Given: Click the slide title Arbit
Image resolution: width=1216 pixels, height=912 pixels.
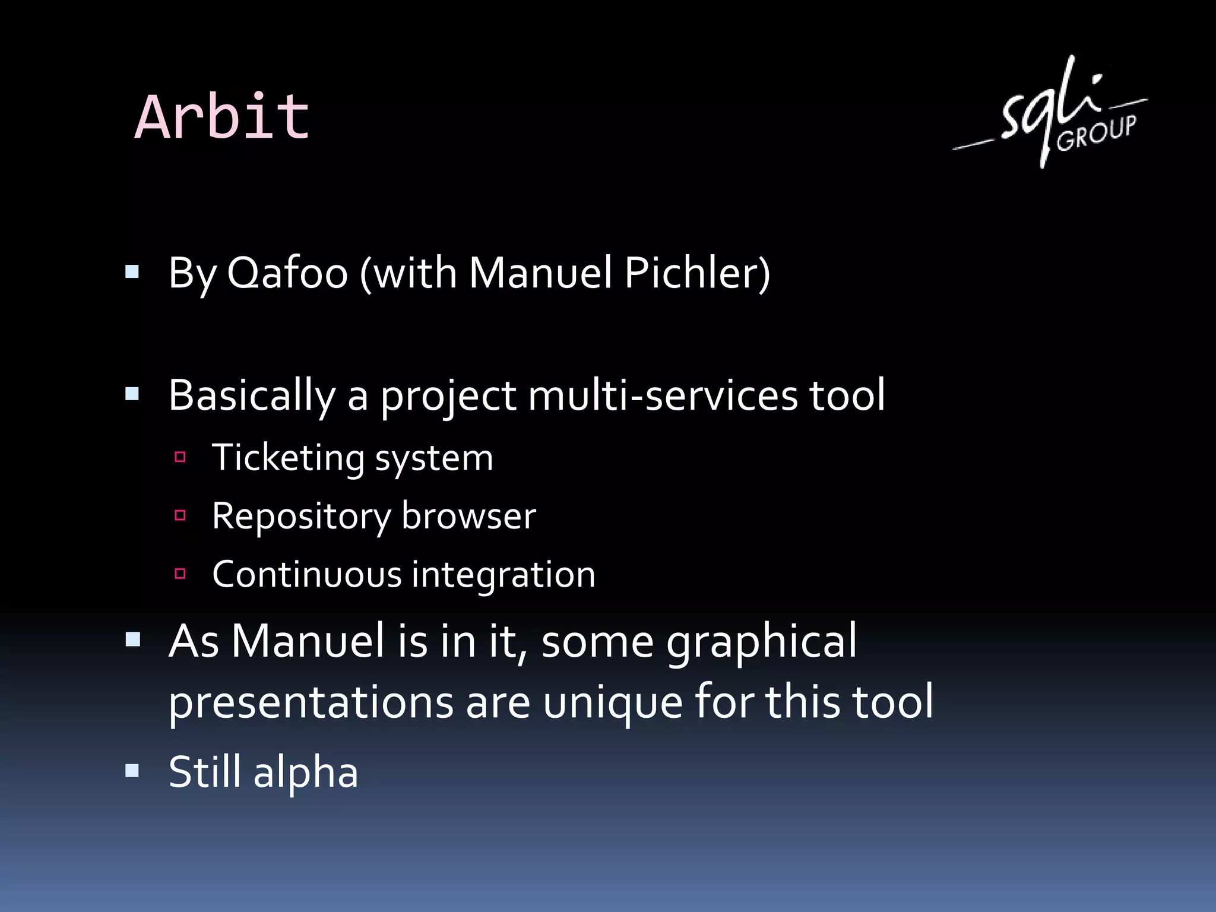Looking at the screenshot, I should (x=222, y=118).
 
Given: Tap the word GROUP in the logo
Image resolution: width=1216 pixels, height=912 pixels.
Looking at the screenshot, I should (x=1097, y=133).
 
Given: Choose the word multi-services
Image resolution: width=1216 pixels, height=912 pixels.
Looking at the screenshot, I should (x=663, y=396).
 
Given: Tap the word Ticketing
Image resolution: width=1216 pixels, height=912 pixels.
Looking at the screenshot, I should (x=288, y=458).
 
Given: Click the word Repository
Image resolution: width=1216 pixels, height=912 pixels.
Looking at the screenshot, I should (x=300, y=517).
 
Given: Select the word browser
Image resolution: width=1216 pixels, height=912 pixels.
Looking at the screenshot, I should (x=468, y=515).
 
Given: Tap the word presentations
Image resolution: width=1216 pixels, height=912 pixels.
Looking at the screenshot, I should (x=311, y=703).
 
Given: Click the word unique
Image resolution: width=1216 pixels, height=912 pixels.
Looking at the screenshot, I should (x=612, y=703).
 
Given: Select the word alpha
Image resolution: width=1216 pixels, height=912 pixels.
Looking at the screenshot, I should (x=306, y=773).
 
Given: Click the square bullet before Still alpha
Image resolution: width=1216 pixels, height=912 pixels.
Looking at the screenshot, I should (x=132, y=771).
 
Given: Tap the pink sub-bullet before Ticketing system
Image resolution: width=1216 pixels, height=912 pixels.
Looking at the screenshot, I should (x=180, y=457).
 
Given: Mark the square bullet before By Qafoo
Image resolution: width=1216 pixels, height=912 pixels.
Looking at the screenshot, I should (x=132, y=272).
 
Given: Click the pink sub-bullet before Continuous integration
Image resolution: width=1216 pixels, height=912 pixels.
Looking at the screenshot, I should (x=180, y=574).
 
